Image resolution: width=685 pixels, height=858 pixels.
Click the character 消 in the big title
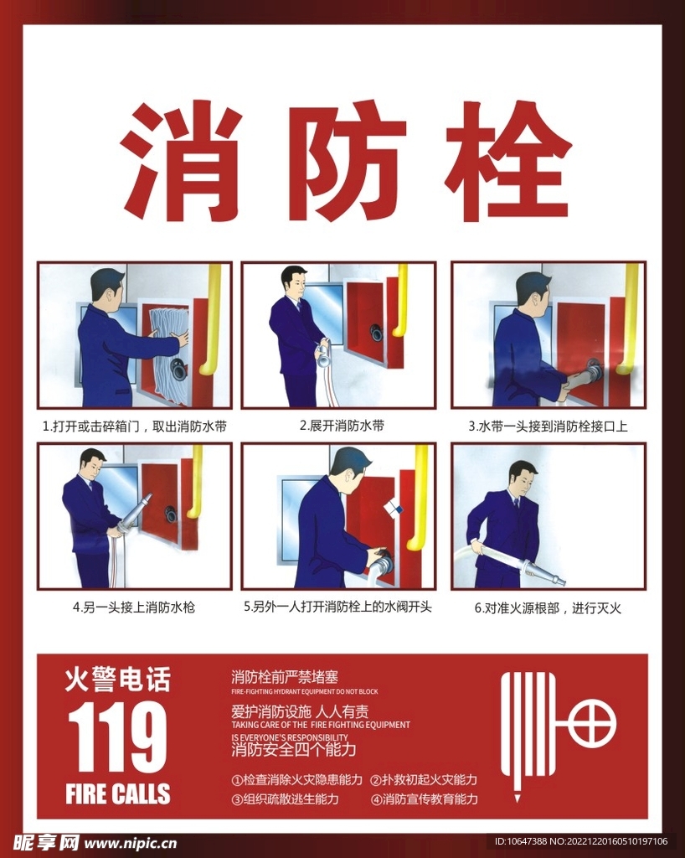181,161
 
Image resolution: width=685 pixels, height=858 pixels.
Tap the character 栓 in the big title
508,161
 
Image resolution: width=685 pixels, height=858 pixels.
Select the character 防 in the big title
347,161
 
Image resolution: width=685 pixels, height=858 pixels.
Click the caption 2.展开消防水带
342,425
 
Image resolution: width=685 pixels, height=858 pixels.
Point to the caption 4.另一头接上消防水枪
134,607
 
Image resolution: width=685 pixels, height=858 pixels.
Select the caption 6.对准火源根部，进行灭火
548,608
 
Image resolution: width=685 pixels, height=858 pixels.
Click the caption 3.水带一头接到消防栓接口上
549,426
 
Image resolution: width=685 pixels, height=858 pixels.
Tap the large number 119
117,737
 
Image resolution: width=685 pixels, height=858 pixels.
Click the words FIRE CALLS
117,794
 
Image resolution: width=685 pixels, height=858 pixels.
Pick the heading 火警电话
117,679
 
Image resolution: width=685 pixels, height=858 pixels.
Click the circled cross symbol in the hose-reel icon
592,723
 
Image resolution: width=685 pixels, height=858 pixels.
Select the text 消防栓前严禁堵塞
284,677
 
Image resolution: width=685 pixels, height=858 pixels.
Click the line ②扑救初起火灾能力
424,780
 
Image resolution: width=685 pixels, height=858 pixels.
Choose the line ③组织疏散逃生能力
285,799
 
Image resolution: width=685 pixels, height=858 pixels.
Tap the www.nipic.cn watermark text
130,844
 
